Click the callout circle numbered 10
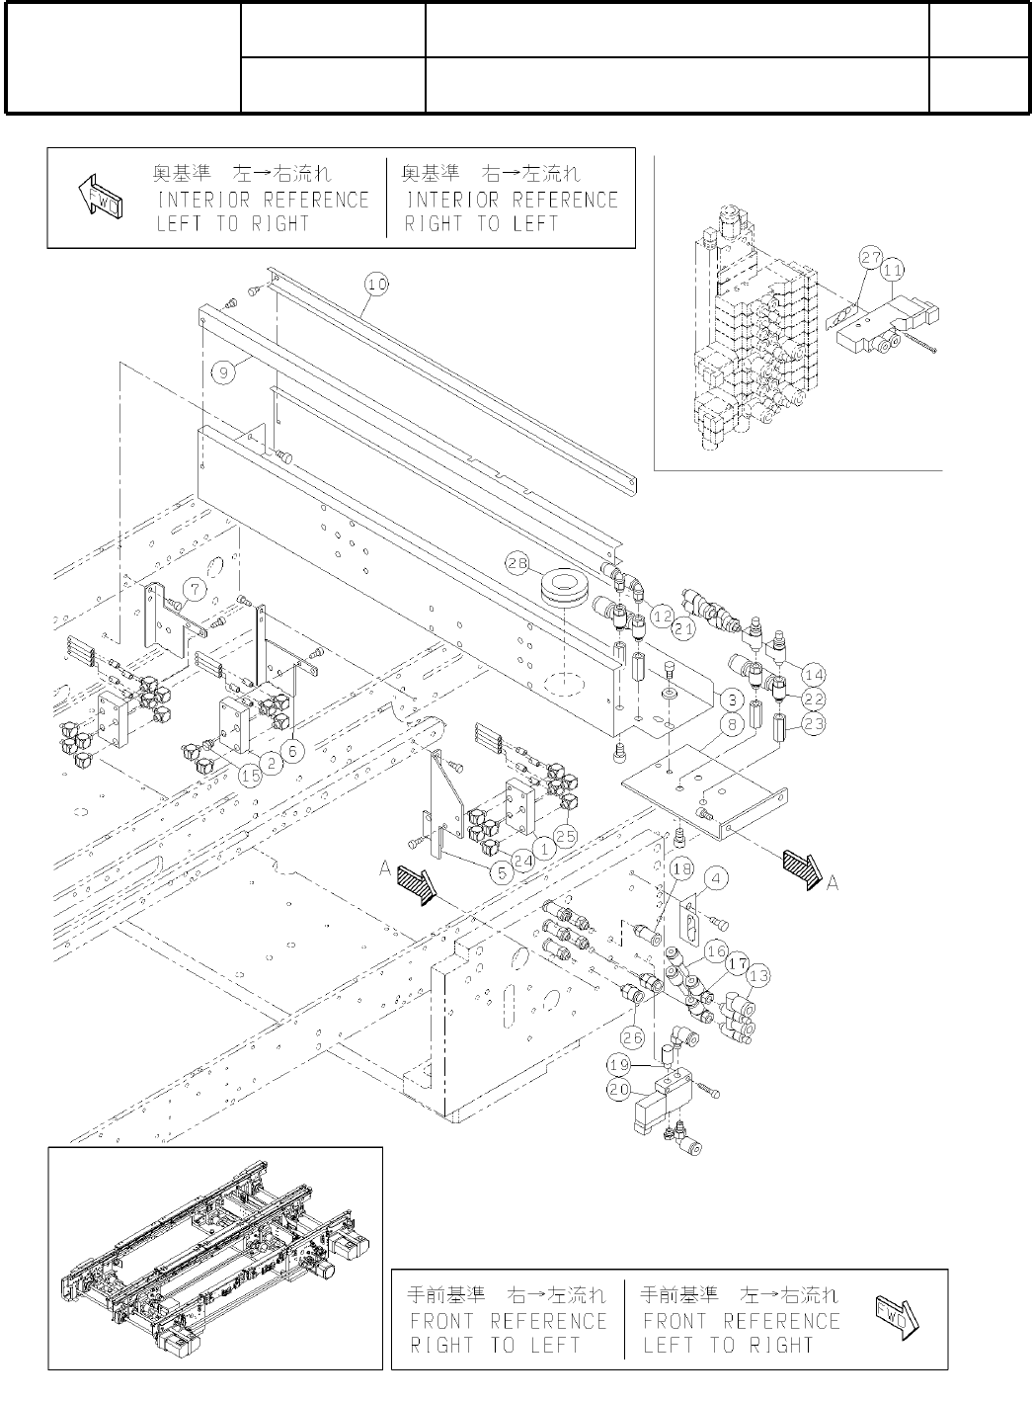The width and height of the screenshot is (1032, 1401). [376, 285]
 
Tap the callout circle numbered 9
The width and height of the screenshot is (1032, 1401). [225, 371]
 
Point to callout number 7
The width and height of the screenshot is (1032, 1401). [196, 590]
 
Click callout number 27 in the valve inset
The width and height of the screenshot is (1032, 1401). [870, 258]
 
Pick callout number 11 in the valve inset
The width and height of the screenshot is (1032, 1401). [893, 268]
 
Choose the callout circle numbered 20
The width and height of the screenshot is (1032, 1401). [618, 1089]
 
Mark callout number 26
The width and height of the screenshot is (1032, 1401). [633, 1036]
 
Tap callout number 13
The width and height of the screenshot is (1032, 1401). [758, 976]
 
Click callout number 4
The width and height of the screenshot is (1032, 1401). [717, 877]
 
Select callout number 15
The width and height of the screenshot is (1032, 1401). [252, 775]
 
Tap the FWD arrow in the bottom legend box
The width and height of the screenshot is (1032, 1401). [896, 1319]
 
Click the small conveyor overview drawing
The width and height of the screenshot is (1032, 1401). [215, 1258]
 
